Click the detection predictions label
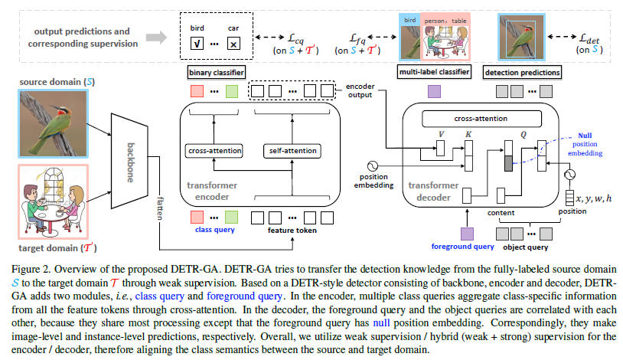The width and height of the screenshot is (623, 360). [529, 73]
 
